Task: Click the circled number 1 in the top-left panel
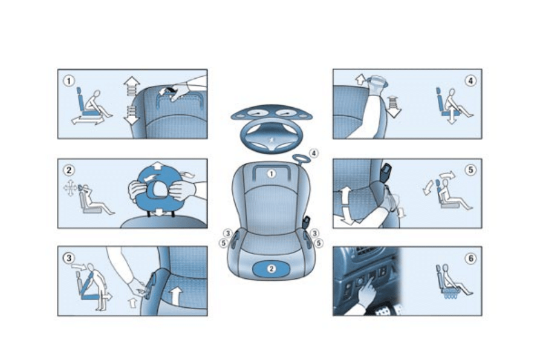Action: click(71, 80)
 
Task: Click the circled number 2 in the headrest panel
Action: click(70, 170)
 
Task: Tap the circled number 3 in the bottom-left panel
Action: click(70, 257)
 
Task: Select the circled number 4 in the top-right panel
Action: click(470, 80)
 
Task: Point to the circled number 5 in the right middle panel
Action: click(470, 170)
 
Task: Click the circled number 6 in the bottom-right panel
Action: click(470, 258)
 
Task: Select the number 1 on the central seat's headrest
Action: click(272, 174)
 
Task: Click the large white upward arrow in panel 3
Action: click(175, 296)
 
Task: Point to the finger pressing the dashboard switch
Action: click(366, 292)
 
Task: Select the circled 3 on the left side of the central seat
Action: click(227, 233)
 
